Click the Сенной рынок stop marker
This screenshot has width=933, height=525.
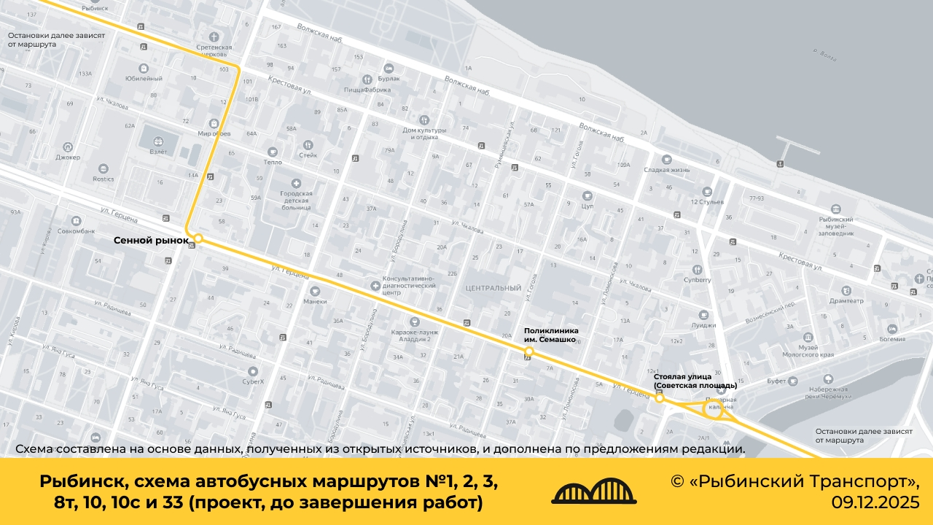coord(198,238)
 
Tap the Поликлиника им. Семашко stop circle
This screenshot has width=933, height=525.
coord(529,351)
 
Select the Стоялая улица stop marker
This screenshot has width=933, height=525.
coord(660,398)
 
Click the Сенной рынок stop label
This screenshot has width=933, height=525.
coord(151,240)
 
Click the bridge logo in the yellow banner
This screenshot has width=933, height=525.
coord(594,492)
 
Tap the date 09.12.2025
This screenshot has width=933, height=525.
coord(875,502)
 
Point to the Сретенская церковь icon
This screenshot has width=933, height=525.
coord(214,36)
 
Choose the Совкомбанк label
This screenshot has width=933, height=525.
coord(76,231)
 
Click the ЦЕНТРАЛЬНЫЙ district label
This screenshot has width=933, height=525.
coord(493,288)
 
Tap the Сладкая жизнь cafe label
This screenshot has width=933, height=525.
coord(666,170)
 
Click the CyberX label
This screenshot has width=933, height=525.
coord(253,381)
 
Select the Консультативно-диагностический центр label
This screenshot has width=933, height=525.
coord(409,285)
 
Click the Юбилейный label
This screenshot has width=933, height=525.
coord(144,78)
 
